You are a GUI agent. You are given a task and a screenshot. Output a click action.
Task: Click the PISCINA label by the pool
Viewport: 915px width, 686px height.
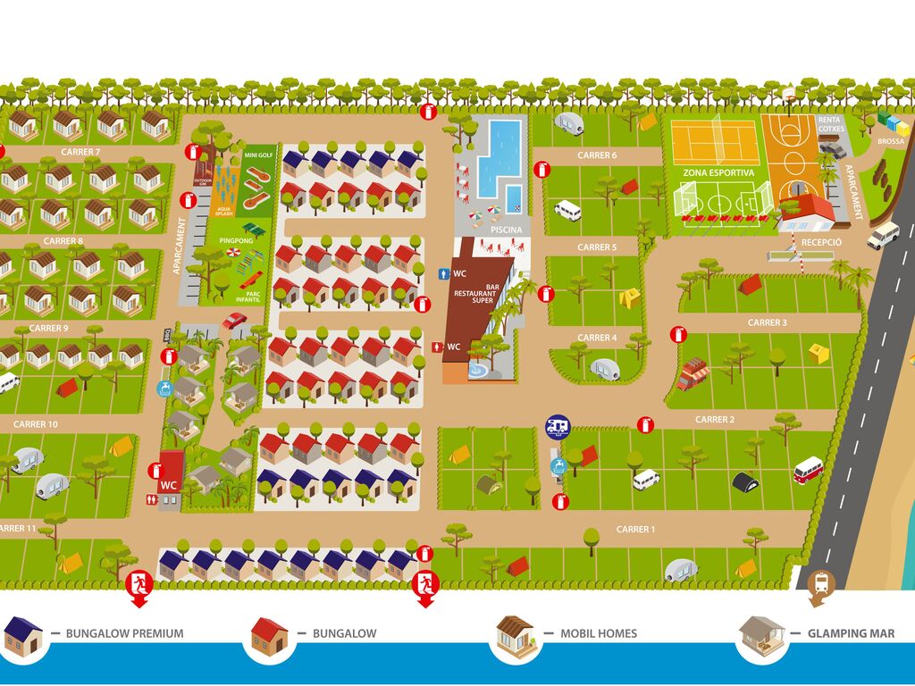[507, 230]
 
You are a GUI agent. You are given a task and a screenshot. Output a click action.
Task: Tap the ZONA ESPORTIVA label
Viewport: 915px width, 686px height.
[718, 172]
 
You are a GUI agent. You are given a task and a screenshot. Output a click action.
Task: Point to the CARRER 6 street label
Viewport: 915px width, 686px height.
[597, 155]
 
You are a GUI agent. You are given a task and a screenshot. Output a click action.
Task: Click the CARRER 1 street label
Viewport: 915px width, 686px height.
[635, 530]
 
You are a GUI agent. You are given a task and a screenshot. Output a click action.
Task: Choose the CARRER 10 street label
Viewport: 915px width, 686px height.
[36, 424]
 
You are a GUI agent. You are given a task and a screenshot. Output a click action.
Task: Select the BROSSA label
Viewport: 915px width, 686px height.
[891, 141]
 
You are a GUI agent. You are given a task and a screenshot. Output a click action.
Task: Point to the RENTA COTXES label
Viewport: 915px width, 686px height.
[830, 124]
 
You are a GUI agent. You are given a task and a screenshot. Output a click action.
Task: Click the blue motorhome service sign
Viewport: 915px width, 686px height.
[558, 426]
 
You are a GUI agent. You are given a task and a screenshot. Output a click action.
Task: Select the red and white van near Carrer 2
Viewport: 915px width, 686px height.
[809, 470]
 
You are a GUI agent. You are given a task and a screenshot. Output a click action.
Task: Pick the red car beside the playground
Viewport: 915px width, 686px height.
[235, 320]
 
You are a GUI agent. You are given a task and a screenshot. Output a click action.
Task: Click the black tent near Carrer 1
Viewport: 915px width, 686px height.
[745, 482]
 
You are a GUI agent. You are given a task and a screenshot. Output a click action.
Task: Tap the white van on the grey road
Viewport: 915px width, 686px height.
[883, 235]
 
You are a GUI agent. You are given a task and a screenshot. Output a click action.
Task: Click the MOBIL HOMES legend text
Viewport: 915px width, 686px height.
[599, 634]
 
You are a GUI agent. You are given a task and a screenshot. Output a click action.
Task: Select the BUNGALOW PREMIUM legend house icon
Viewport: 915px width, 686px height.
[22, 634]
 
